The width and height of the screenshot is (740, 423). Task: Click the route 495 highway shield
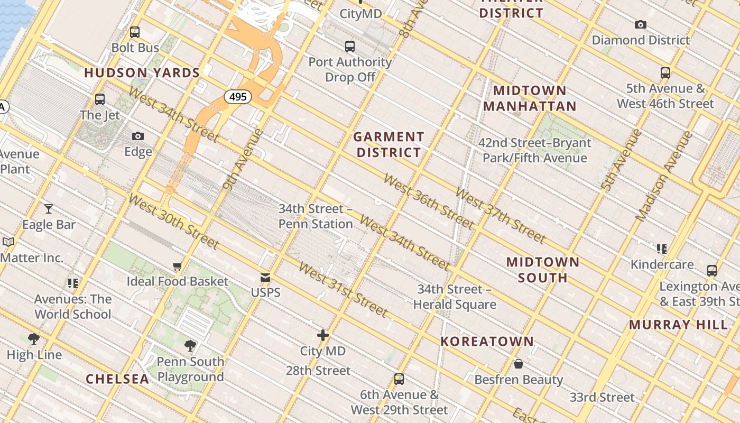tap(238, 97)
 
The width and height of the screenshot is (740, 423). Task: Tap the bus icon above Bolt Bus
tap(135, 32)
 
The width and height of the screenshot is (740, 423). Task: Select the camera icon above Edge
tap(138, 136)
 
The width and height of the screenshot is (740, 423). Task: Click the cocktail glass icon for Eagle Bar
tap(49, 209)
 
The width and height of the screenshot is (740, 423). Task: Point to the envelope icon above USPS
tap(265, 278)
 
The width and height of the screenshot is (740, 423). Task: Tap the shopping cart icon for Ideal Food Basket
tap(178, 266)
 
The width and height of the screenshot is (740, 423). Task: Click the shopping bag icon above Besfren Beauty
tap(519, 364)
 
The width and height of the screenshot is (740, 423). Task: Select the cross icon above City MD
tap(323, 335)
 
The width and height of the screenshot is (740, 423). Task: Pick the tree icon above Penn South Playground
tap(190, 346)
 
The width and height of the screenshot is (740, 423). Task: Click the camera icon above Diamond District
tap(641, 25)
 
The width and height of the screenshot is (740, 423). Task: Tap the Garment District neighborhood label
tap(388, 145)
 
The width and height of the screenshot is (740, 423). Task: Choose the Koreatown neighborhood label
tap(487, 342)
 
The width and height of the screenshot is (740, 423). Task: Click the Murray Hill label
tap(678, 325)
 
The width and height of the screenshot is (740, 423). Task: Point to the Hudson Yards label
tap(142, 73)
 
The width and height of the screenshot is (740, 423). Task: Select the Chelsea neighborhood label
tap(117, 379)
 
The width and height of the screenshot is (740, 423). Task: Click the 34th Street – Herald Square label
tap(455, 297)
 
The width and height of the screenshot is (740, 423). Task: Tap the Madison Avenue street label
tap(664, 176)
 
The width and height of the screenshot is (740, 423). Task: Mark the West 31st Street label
tap(343, 289)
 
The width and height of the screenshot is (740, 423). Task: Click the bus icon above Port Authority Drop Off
tap(350, 47)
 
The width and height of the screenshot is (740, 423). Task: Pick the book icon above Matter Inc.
tap(8, 242)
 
